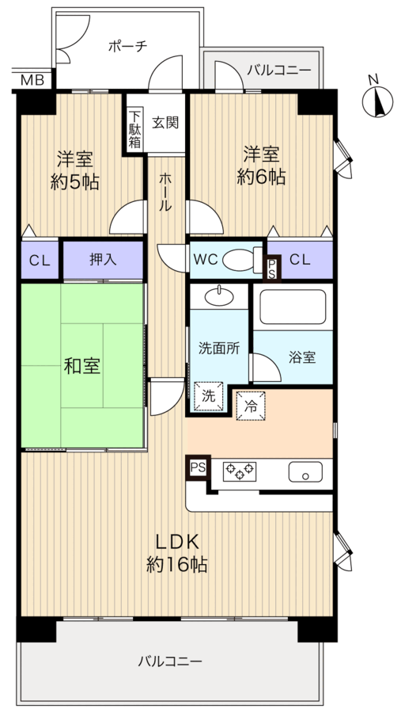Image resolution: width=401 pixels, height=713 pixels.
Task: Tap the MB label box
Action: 32,79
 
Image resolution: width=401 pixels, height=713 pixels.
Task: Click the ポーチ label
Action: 127,46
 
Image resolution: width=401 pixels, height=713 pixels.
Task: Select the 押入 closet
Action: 103,259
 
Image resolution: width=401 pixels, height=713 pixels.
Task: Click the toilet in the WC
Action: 237,259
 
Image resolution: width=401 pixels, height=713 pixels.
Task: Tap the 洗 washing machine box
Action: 207,395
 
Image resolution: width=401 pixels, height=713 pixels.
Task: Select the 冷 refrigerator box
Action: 251,406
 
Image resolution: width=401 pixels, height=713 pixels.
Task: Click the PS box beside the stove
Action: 197,467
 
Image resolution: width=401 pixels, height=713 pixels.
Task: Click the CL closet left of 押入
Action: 39,259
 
